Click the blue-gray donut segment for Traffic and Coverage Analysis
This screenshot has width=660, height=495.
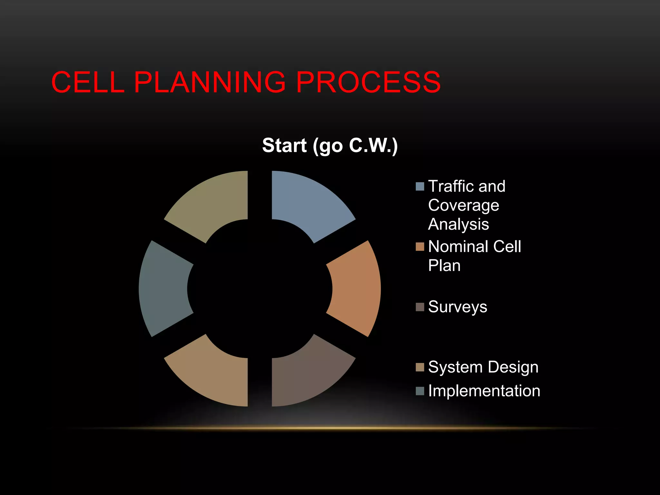point(306,203)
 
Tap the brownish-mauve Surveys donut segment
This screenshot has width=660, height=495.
point(306,375)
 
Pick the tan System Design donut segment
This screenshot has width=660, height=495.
point(214,375)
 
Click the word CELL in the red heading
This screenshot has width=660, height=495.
point(88,82)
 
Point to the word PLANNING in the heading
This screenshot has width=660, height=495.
point(209,82)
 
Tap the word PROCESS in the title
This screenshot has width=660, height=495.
point(368,82)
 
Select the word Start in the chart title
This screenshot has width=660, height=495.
point(284,145)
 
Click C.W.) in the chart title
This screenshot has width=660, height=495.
point(374,145)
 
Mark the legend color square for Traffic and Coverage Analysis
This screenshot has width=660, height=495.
point(420,187)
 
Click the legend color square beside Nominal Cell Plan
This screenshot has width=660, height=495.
point(420,247)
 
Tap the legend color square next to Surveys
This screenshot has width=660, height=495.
point(420,307)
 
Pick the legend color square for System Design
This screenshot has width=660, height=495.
point(420,367)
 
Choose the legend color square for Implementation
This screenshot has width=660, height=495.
point(420,391)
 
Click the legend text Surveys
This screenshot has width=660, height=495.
point(458,307)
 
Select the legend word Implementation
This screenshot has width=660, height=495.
point(484,391)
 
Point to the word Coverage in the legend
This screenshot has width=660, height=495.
point(463,206)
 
